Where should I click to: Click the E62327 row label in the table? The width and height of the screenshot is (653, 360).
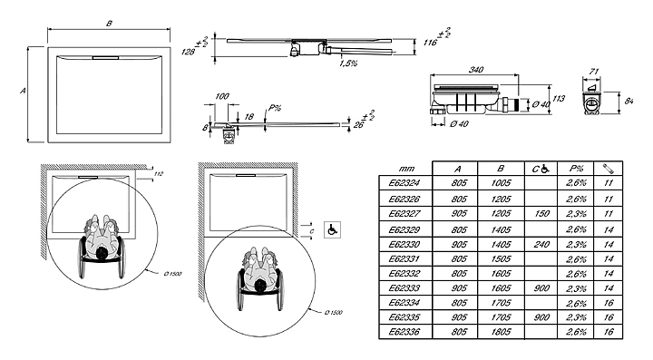404,214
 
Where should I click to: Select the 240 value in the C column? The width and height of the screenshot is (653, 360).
541,244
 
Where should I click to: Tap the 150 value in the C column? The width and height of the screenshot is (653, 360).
541,214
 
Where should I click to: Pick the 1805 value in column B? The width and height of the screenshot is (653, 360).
501,332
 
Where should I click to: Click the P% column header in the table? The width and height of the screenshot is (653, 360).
576,169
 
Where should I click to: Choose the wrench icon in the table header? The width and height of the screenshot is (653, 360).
608,169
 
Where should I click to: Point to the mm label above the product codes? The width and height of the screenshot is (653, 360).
406,169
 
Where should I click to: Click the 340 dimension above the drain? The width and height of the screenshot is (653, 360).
475,70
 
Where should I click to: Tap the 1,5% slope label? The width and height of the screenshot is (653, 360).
348,63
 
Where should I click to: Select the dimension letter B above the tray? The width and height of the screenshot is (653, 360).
109,24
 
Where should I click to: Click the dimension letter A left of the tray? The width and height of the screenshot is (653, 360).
23,91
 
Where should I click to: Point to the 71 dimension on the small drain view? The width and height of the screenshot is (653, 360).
593,72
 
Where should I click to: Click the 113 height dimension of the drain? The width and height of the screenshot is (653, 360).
559,99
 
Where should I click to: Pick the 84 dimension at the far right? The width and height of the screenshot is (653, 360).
629,101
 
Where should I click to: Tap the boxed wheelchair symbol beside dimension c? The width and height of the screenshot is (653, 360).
332,229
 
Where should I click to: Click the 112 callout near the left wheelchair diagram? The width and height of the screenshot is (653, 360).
159,174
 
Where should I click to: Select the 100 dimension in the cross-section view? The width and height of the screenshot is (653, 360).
222,96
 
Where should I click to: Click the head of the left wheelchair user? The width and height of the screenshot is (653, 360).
102,253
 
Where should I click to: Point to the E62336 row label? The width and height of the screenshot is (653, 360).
404,332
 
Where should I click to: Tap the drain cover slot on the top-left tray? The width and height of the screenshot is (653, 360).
106,58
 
